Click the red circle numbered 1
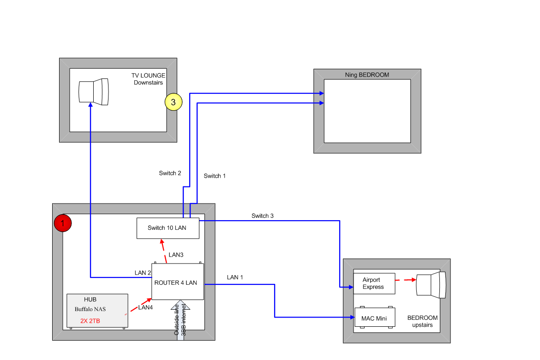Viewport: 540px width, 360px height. click(x=63, y=223)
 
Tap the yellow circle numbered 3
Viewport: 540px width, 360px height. click(x=173, y=102)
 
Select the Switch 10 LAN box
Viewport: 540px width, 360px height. click(x=168, y=228)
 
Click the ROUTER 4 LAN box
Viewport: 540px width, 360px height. click(x=178, y=282)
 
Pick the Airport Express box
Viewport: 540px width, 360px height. click(x=374, y=283)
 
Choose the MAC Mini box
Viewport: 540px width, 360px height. click(x=374, y=318)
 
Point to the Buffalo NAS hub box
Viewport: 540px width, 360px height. click(x=97, y=311)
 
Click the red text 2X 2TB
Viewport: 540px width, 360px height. click(x=90, y=321)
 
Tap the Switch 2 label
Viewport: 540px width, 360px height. click(x=170, y=173)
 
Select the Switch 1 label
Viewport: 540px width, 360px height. click(x=215, y=176)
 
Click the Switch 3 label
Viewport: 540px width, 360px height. click(x=263, y=216)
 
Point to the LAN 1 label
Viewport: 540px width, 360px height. click(x=235, y=277)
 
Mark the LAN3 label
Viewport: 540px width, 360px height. click(x=176, y=255)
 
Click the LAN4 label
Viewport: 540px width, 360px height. click(x=145, y=307)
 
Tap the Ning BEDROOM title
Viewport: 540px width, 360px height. click(x=367, y=75)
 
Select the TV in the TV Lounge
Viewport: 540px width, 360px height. click(x=94, y=92)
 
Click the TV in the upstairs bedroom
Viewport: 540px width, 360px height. click(x=431, y=285)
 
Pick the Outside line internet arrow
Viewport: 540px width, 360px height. click(x=180, y=320)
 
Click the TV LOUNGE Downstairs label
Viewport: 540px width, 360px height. click(x=148, y=79)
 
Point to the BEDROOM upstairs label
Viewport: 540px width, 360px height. click(x=422, y=321)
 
